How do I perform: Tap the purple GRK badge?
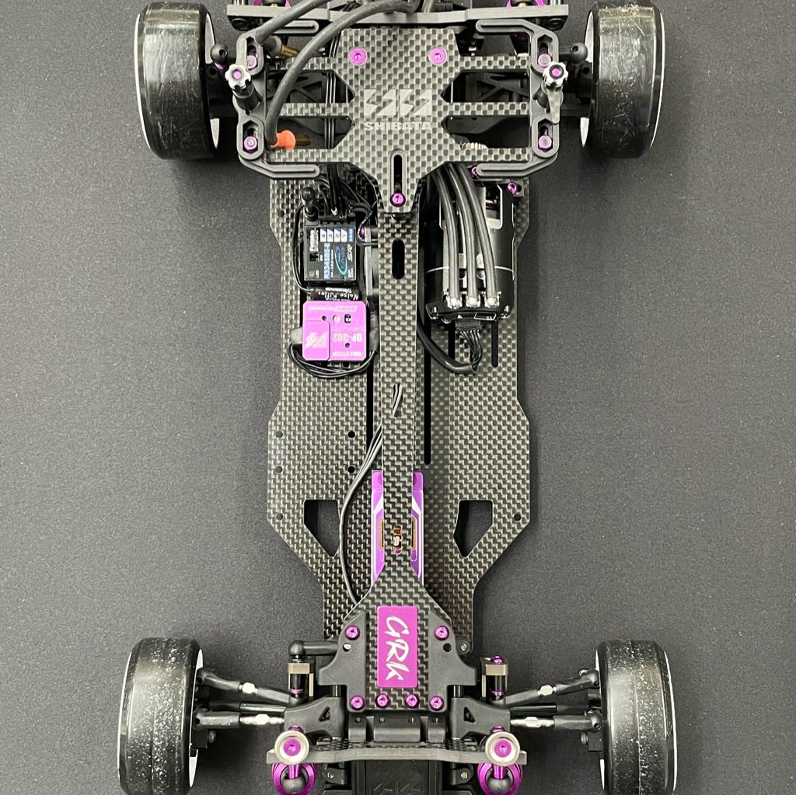[x=397, y=647]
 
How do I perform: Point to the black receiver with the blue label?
[x=330, y=253]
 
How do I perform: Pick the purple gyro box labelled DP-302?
[x=334, y=330]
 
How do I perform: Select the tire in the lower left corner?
[x=159, y=715]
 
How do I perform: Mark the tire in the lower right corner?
[x=636, y=715]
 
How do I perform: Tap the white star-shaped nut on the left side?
[x=238, y=76]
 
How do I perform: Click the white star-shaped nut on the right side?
[x=555, y=75]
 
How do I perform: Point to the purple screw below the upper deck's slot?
[x=397, y=199]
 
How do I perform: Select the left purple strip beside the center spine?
[x=377, y=525]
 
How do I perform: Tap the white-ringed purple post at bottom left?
[x=292, y=747]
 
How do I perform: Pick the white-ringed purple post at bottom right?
[x=501, y=747]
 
